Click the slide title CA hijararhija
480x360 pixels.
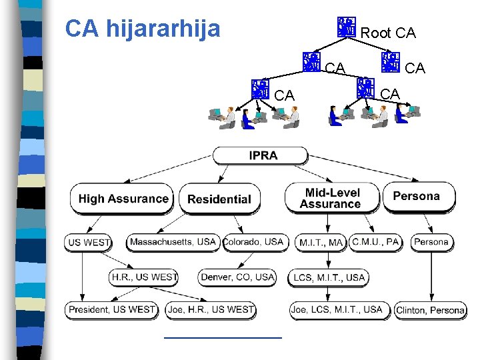pos(143,29)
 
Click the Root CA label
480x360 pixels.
pos(387,33)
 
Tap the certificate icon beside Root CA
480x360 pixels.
pos(347,28)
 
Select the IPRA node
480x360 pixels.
pos(263,156)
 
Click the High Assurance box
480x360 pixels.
pos(123,199)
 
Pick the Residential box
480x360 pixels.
pos(219,199)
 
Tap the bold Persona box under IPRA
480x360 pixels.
pos(417,197)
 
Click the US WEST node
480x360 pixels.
pos(89,243)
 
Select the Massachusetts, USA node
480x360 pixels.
pos(173,241)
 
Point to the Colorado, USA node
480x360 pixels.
pos(256,241)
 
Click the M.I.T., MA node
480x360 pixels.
pos(321,243)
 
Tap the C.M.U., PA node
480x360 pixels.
pos(376,241)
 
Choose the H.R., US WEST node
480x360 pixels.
pos(144,277)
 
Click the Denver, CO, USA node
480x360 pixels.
pos(237,277)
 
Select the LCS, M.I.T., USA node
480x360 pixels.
pos(329,277)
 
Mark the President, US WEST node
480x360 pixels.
pos(111,309)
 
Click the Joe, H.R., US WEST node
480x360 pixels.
pos(211,309)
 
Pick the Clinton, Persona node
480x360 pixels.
pos(430,310)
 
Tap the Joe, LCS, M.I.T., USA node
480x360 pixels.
pos(337,309)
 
